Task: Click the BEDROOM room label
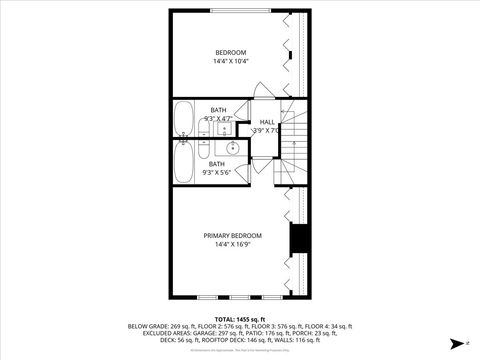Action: pos(230,52)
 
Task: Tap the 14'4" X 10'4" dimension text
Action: pos(230,62)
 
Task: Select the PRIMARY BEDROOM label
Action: pos(233,235)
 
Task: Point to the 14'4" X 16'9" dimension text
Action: pos(233,245)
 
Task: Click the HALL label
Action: pos(267,122)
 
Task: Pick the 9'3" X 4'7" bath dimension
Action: pos(218,119)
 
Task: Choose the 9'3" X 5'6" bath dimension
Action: pos(217,172)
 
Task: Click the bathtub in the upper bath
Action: pos(183,118)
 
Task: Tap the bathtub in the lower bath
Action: pos(183,162)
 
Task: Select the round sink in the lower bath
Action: pos(232,149)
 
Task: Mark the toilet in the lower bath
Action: pos(203,152)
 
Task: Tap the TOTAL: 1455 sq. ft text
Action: pos(239,317)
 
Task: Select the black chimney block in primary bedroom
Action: pos(297,241)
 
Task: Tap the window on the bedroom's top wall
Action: pos(240,10)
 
